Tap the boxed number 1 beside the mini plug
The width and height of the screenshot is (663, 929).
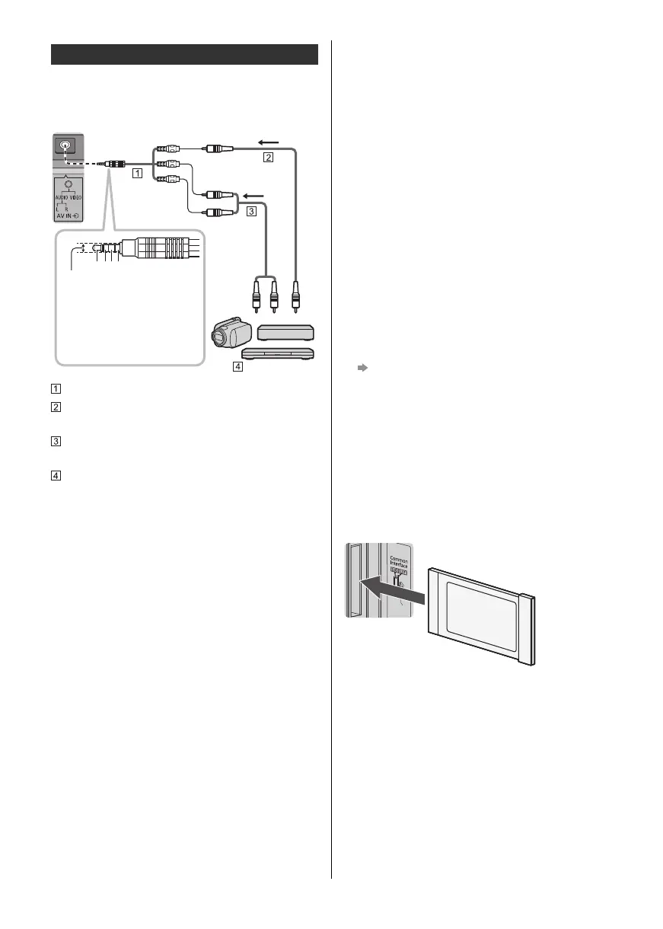coord(137,173)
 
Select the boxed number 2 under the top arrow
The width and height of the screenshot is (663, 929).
coord(267,158)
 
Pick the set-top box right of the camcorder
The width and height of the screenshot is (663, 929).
coord(286,332)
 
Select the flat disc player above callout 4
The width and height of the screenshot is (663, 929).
coord(278,355)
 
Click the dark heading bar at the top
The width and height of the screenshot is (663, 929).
coord(184,55)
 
